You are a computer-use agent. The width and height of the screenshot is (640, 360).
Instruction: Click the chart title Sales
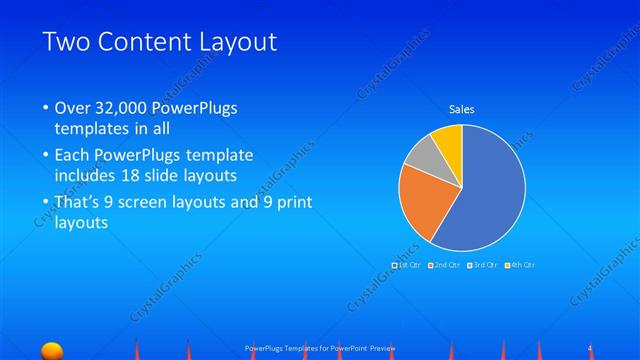(x=461, y=109)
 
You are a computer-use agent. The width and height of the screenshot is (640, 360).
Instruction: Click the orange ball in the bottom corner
(x=51, y=349)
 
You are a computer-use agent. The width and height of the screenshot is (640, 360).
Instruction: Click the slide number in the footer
(x=591, y=347)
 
